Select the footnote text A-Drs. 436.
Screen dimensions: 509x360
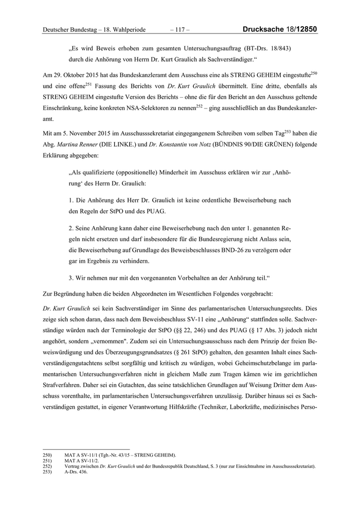point(76,471)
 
